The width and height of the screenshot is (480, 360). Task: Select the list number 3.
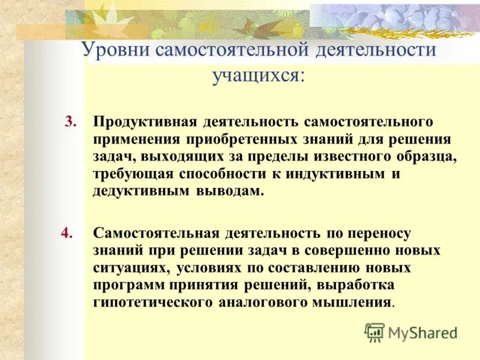[71, 122]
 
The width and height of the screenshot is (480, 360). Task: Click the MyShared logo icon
[374, 332]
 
